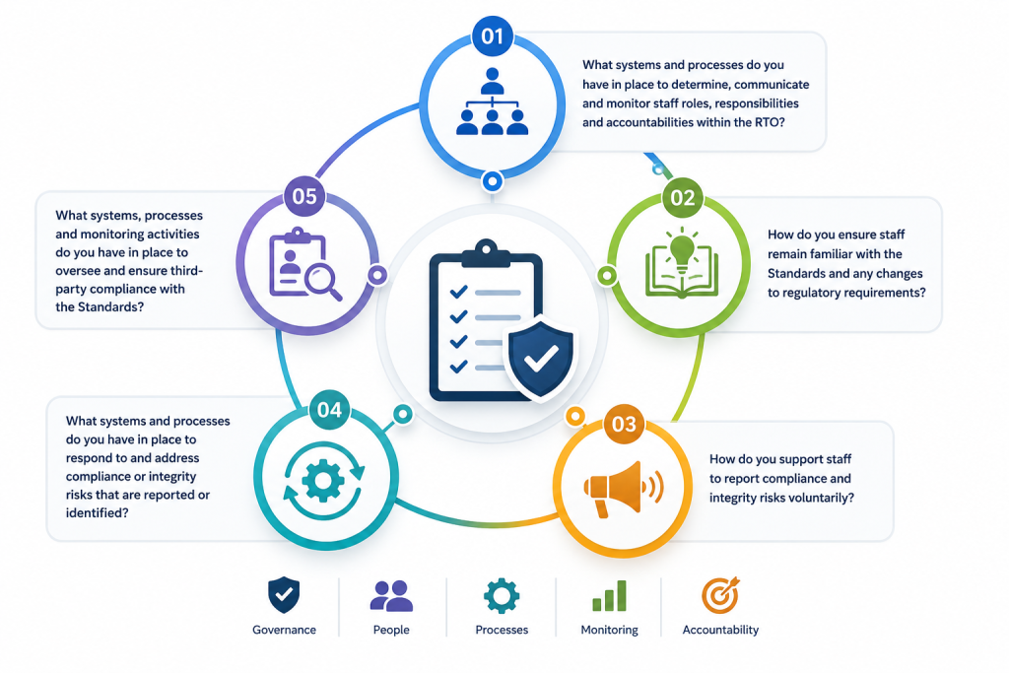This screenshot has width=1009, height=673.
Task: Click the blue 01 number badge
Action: pos(493,36)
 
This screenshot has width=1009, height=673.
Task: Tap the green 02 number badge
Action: pos(683,198)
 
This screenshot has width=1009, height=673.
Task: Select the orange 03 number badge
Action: pos(624,424)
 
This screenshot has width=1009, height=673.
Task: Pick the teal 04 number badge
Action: pos(329,410)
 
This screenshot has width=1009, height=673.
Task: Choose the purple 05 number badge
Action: pos(304,196)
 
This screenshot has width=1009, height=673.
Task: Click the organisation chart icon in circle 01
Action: pos(493,101)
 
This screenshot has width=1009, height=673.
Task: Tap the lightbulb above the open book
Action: pos(682,247)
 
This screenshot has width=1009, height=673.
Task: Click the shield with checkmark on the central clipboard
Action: pos(541,358)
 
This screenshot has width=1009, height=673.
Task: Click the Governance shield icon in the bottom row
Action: pos(284,595)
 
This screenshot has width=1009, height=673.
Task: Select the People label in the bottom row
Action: pos(391,630)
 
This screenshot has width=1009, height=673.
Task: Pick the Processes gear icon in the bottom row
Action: pos(502,596)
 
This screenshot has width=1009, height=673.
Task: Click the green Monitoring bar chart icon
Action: pos(609,596)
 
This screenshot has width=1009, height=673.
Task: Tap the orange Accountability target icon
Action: pos(720,595)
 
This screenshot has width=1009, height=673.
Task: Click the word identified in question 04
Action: pos(97,512)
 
